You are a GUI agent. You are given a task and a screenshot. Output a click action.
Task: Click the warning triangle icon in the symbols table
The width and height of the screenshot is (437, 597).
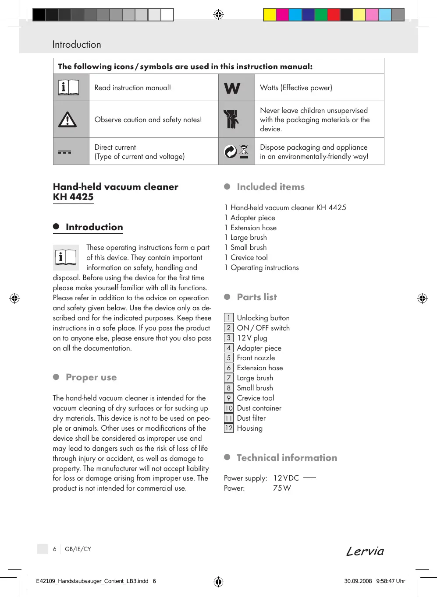pos(68,119)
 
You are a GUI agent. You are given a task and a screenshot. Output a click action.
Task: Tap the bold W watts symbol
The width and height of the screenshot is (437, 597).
pos(232,88)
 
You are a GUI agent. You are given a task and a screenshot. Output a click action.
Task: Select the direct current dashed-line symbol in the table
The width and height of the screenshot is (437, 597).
pos(64,152)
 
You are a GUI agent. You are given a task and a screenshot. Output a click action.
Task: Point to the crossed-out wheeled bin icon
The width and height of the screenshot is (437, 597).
pos(244,151)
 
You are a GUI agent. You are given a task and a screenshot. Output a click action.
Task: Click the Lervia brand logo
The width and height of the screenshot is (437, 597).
pos(365,551)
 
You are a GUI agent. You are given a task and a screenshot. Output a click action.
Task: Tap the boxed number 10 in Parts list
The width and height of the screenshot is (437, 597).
pos(229,408)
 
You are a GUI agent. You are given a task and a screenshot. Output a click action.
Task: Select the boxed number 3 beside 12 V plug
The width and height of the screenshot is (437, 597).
pos(229,338)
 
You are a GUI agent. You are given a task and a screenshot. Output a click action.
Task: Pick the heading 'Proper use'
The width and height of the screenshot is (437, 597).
pos(91,377)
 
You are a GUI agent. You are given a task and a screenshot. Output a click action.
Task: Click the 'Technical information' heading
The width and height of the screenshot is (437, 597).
pos(287,458)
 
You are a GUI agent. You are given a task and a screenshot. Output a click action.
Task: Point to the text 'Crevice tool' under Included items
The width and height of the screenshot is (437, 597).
pos(249,258)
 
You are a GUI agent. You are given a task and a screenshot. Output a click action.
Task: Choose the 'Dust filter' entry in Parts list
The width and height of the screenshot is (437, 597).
pos(251,418)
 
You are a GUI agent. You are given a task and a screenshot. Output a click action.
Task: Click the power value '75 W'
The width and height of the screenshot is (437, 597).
pos(282,488)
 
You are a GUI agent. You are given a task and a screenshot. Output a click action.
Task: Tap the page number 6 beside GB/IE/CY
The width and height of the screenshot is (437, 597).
pos(55,549)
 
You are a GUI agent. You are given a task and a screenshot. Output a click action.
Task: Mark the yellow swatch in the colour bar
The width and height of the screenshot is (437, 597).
pos(270,15)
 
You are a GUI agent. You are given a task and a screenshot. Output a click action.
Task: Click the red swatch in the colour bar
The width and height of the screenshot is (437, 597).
pos(334,15)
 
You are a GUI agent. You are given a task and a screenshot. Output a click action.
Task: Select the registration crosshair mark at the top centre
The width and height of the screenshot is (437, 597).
pos(218,15)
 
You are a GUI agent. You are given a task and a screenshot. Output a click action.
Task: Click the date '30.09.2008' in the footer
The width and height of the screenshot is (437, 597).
pos(358,581)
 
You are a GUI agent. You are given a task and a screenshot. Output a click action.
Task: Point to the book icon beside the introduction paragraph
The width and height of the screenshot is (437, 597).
pos(66,257)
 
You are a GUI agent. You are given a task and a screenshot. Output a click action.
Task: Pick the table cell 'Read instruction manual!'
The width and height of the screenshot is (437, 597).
pos(133,88)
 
